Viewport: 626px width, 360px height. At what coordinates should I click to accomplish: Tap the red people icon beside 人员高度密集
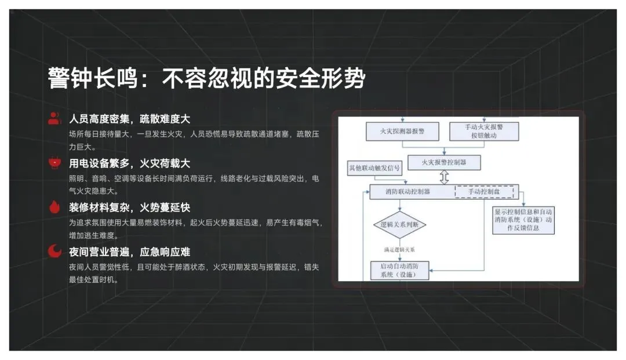pos(54,119)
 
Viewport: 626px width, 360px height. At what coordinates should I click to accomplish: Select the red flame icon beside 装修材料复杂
pos(54,207)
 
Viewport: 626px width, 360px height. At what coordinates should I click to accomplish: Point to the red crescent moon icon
pos(54,251)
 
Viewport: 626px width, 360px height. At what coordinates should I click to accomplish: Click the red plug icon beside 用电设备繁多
pos(54,163)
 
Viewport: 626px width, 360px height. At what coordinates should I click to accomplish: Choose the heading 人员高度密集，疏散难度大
pos(129,119)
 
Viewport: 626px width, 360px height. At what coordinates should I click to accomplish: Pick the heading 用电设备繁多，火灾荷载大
pos(129,163)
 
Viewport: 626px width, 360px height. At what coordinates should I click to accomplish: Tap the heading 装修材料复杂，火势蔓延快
pos(129,208)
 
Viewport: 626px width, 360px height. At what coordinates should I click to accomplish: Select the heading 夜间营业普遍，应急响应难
pos(129,252)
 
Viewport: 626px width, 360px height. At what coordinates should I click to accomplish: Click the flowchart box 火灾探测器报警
pos(402,132)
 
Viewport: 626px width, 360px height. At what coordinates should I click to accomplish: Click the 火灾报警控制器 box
pos(445,162)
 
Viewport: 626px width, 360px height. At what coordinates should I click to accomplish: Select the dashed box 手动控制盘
pos(484,192)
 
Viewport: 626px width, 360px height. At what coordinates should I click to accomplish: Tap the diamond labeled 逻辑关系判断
pos(400,225)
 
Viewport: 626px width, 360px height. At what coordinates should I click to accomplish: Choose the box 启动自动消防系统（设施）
pos(400,270)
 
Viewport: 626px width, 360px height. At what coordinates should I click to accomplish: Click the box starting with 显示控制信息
pos(523,220)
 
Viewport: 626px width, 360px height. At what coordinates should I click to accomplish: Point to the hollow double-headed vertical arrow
pos(445,177)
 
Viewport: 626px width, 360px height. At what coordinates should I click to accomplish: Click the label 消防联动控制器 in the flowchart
pos(407,192)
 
